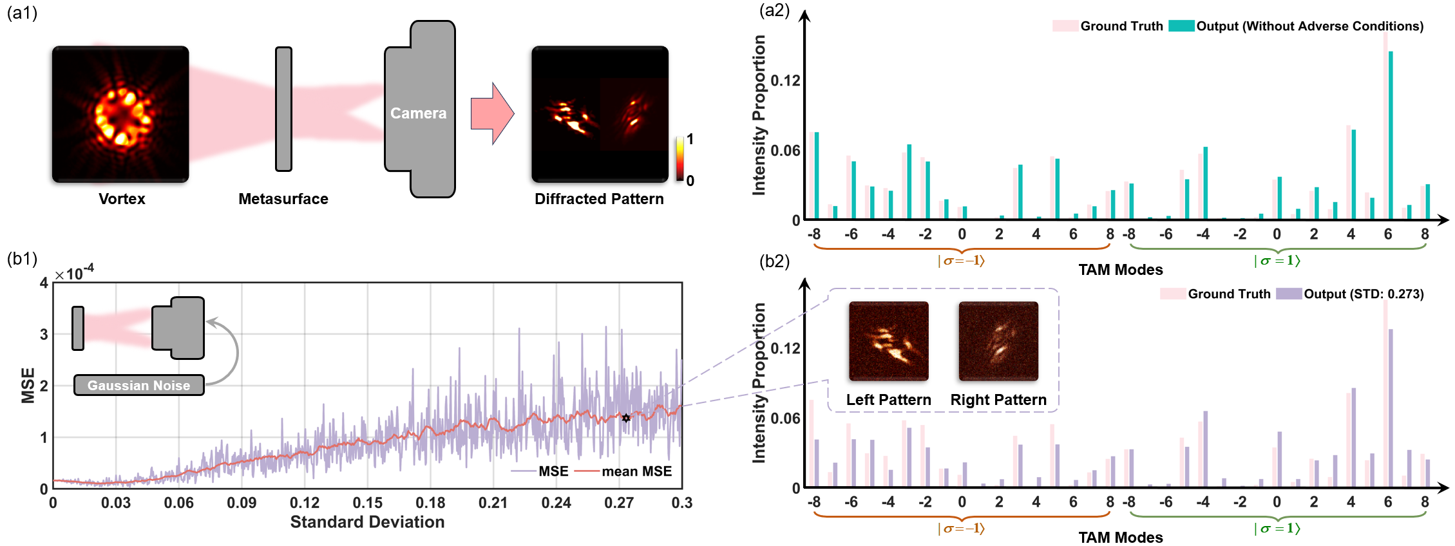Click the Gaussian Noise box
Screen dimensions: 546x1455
139,385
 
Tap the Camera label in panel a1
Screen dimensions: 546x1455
418,113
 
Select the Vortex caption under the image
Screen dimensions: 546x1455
122,199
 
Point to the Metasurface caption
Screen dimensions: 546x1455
283,199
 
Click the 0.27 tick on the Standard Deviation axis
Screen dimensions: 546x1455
619,503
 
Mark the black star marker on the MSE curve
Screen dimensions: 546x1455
626,418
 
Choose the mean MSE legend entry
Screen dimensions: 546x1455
636,471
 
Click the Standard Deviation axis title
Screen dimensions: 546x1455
367,522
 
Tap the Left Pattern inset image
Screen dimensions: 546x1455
889,341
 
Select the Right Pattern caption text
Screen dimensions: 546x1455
998,400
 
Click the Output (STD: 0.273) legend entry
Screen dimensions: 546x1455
1363,294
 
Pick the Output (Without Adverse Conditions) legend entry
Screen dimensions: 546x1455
1309,26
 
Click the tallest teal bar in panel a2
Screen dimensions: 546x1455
1391,135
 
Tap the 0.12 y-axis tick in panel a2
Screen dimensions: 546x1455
785,81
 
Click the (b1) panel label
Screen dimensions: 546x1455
22,259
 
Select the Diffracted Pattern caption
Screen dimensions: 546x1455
599,199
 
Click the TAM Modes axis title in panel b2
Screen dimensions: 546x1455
1121,538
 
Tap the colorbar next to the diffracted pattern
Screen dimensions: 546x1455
680,158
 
